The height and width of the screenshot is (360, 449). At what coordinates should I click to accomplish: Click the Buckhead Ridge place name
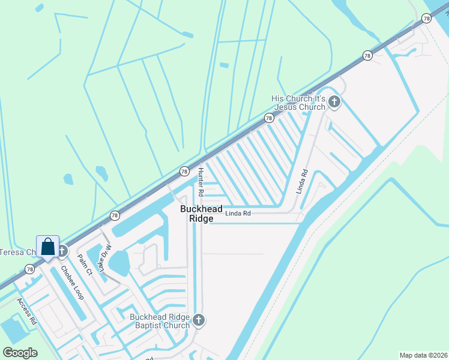coord(201,214)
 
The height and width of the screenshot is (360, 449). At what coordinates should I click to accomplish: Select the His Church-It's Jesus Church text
coord(298,103)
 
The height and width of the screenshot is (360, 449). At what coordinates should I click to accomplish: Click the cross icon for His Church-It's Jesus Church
coord(334,103)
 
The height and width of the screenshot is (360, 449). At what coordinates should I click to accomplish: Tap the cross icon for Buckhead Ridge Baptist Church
coord(199,321)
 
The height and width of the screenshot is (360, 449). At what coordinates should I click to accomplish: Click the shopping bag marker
coord(48,247)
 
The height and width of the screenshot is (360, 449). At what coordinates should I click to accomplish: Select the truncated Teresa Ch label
coord(17,252)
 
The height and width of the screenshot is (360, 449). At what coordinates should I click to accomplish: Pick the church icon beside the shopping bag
coord(62,251)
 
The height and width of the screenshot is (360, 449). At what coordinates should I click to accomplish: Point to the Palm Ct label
coord(85,265)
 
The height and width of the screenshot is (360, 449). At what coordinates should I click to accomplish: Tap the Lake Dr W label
coord(106,259)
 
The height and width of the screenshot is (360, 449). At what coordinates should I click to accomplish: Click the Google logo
coord(20,353)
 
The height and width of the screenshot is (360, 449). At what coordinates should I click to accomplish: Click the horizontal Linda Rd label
coord(238,213)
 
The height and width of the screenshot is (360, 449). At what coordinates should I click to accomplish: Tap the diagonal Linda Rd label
coord(301,181)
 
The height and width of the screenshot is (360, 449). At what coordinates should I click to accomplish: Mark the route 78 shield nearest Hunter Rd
coord(184,171)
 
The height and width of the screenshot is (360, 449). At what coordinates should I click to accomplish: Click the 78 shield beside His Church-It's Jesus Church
coord(269,118)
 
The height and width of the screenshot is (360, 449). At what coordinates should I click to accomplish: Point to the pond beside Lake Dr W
coord(119,263)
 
